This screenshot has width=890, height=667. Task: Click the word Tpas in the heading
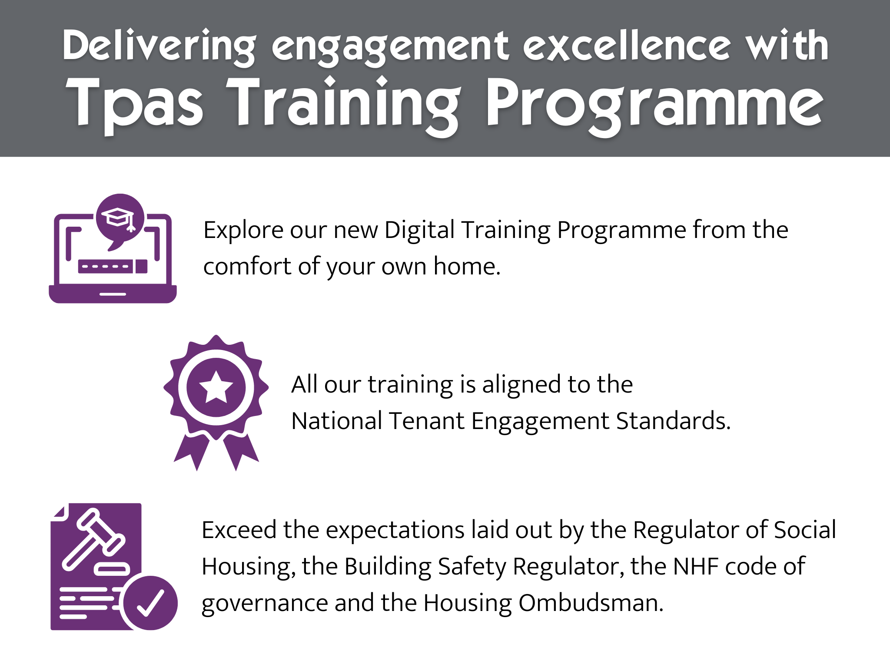point(134,106)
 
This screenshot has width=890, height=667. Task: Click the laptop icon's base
point(113,294)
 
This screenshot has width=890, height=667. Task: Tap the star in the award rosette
point(216,387)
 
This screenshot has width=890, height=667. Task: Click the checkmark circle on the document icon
point(150,603)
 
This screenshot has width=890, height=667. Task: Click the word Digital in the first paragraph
point(419,231)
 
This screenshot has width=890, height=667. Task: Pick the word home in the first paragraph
point(467,266)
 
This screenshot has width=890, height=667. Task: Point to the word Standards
point(673,421)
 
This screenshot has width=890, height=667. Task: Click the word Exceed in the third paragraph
point(239,530)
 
